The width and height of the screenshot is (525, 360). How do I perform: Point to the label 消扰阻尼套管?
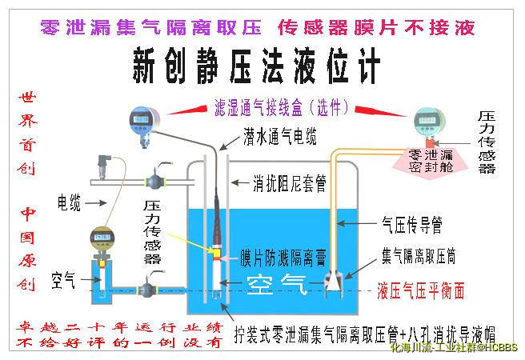coord(289,183)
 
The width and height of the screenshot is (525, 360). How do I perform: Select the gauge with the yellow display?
coord(102,238)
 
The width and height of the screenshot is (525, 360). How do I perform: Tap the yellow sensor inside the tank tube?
coord(214,250)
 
